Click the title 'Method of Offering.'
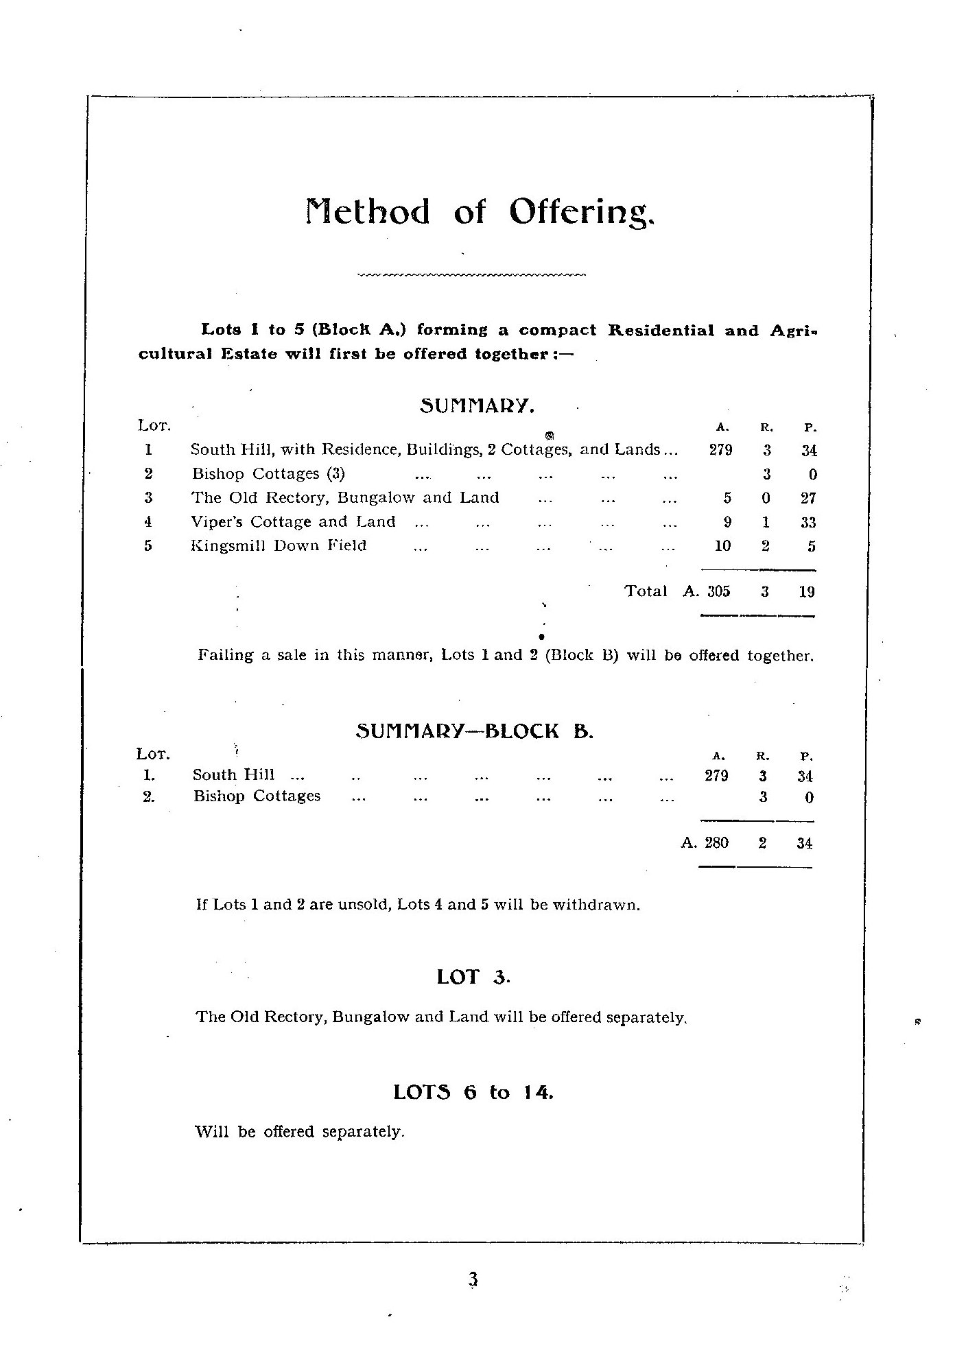point(480,212)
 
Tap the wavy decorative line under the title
point(471,276)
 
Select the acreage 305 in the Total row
point(718,591)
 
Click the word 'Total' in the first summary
point(646,591)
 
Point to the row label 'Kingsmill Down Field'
point(279,546)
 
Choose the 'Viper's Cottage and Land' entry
point(293,522)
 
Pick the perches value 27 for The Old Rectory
point(807,498)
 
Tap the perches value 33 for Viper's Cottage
point(807,522)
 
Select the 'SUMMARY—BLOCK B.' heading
point(474,732)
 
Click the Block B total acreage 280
point(716,843)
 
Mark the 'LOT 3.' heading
point(473,977)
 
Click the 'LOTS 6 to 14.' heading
point(473,1092)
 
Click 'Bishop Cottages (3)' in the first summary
point(268,474)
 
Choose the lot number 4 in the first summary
point(148,522)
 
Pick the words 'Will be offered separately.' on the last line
point(300,1132)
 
